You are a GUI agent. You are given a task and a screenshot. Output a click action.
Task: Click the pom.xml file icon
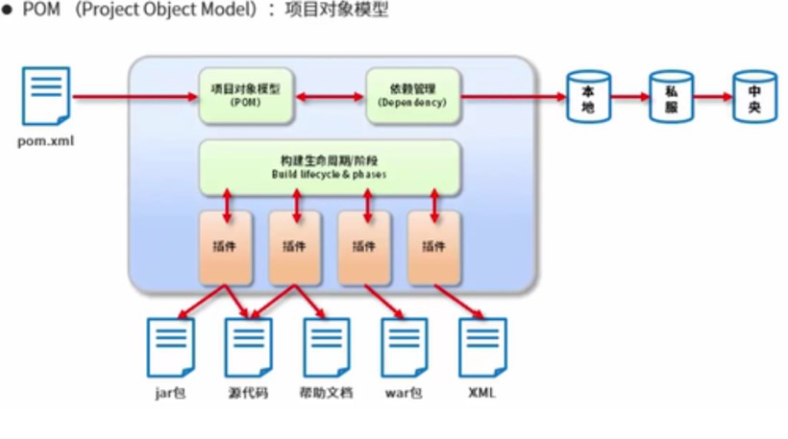[x=45, y=95]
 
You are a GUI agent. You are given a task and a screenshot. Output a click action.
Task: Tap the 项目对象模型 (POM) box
[x=245, y=95]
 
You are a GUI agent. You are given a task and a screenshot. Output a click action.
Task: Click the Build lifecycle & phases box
[x=330, y=167]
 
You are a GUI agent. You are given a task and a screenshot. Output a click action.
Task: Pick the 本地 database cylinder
[x=589, y=96]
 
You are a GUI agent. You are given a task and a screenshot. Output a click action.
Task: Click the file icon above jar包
[x=170, y=347]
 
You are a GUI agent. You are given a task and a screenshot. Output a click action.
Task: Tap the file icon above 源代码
[x=249, y=347]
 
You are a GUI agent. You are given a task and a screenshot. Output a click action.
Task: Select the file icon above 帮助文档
[x=327, y=347]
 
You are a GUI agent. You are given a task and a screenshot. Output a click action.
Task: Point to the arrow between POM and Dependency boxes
[x=329, y=96]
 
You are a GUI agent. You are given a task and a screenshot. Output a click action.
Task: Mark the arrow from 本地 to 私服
[x=630, y=96]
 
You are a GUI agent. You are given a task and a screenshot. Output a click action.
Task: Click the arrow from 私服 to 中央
[x=713, y=96]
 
